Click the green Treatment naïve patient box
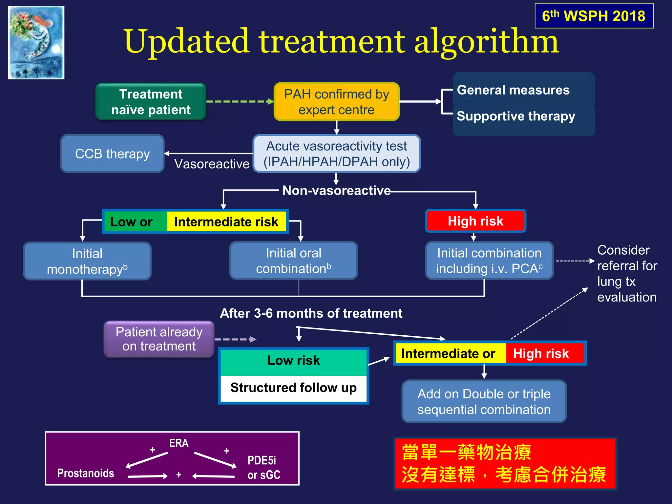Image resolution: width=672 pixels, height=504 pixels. click(x=151, y=102)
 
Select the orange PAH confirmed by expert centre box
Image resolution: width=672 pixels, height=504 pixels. click(x=336, y=102)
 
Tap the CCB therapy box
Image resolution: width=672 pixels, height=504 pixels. click(x=112, y=154)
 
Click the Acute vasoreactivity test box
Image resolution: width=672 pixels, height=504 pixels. click(x=336, y=154)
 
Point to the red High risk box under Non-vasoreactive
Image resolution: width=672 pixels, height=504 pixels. click(x=475, y=221)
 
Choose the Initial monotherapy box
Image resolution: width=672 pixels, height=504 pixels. click(x=87, y=261)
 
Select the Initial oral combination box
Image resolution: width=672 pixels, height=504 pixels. click(x=293, y=261)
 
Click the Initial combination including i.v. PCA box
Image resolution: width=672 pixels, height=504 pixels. click(x=489, y=261)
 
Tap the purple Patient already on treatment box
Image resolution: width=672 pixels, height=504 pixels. click(x=159, y=339)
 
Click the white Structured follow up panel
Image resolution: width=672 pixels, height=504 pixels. click(x=293, y=388)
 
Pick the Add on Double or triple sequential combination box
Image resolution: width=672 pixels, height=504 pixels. click(x=484, y=401)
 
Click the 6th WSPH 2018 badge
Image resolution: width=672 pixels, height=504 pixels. click(x=594, y=16)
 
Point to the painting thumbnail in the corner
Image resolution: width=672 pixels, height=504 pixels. click(x=36, y=43)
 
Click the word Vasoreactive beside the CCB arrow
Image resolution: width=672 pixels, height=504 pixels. click(x=212, y=164)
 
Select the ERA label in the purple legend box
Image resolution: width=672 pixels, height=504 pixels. click(x=178, y=443)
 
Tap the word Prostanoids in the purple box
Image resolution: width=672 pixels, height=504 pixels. click(x=86, y=473)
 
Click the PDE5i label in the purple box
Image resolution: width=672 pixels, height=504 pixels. click(x=262, y=460)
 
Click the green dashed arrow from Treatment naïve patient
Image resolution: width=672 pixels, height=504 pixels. click(x=240, y=102)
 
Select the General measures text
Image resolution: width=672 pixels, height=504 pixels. click(x=513, y=90)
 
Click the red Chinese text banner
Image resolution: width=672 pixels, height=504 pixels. click(x=505, y=463)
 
